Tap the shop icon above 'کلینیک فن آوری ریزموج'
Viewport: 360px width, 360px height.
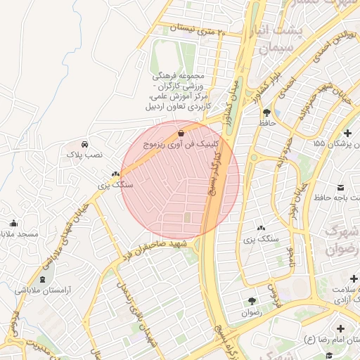pos(181,131)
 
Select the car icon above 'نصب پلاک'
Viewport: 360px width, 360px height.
pos(85,143)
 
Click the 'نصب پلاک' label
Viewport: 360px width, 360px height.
pos(84,153)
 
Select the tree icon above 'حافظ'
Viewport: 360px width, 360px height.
pos(266,112)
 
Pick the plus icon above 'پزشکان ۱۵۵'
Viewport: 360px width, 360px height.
pos(347,132)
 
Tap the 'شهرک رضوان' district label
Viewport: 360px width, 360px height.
pos(342,240)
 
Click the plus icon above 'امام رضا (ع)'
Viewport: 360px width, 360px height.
pos(341,328)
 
